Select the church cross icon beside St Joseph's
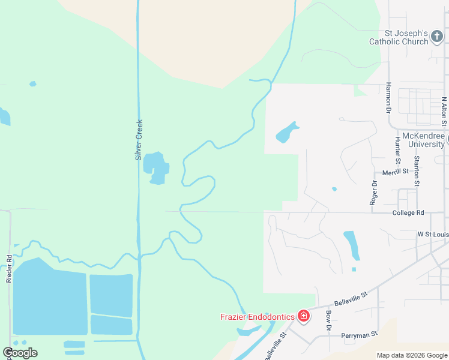coord(438,36)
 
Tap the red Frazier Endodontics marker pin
coord(303,316)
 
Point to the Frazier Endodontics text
coord(258,317)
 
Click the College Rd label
coord(408,213)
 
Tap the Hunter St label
coord(397,150)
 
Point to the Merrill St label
coord(395,172)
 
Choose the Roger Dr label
coord(373,193)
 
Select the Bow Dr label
coord(328,321)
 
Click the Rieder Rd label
coord(10,266)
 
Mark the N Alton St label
coord(444,112)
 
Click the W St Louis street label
coord(433,233)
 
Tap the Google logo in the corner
coord(20,353)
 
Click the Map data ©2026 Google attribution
coord(412,355)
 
